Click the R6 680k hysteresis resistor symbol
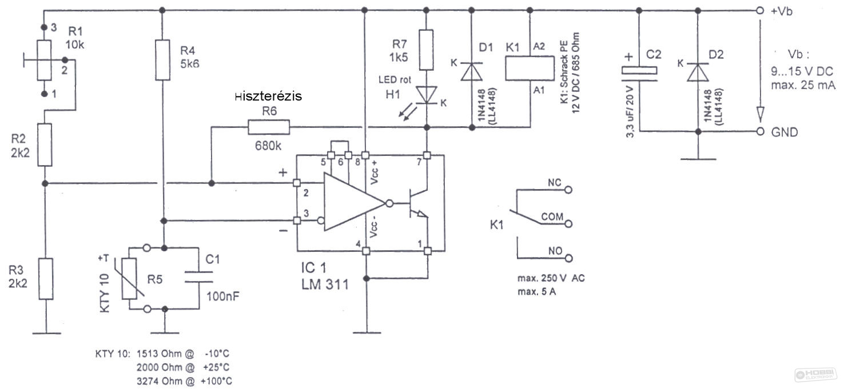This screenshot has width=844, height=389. point(269,127)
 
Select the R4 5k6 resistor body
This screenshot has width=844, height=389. point(163,60)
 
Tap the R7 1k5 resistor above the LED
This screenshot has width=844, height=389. point(426,50)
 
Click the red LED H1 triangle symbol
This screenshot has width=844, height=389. point(427,94)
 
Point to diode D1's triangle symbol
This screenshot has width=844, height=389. point(472,71)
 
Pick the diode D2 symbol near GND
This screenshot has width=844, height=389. point(698,73)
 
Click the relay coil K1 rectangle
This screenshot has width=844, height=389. point(530,68)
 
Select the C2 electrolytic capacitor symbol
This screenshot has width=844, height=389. point(639,74)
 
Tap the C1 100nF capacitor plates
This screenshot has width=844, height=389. point(198,277)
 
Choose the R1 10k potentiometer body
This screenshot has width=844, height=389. point(44,60)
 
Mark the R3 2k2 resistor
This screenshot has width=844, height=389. point(46,279)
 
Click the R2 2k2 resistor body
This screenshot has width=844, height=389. point(45,145)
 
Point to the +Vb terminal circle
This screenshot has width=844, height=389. point(760,10)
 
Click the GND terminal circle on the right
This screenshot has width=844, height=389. point(761,131)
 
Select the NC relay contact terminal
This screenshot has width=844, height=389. point(568,190)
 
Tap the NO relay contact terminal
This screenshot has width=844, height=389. point(568,258)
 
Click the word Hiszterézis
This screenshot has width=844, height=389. point(268,97)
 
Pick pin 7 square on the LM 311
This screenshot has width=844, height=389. point(427,155)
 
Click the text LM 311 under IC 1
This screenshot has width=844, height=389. point(325,284)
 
